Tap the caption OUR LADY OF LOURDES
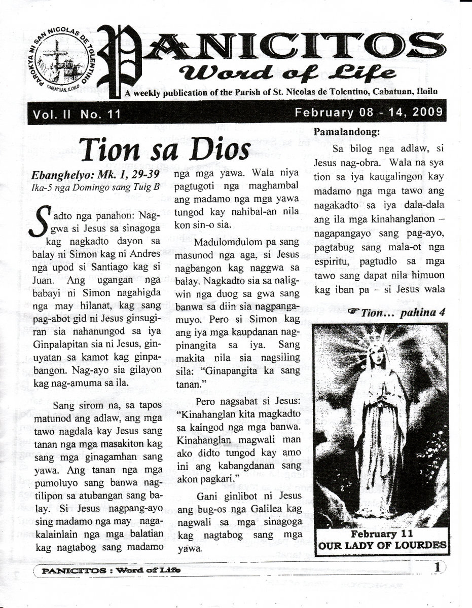382,546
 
